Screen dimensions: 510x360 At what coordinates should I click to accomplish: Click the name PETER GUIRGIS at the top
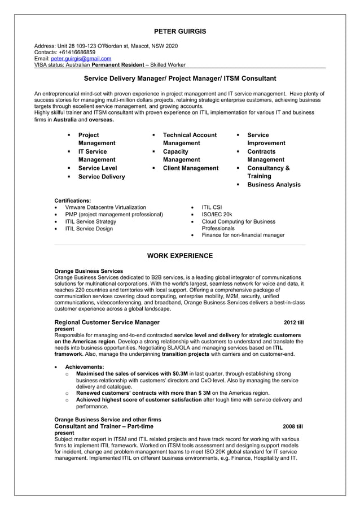180,31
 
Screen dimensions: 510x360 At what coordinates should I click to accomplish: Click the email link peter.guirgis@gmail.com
81,58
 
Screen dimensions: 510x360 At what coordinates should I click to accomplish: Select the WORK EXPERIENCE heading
180,256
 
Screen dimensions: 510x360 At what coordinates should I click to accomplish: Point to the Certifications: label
72,200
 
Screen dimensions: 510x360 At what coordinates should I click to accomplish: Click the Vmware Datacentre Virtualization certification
106,207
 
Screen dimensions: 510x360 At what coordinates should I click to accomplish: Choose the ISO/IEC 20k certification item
217,215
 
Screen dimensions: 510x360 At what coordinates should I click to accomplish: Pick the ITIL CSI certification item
212,207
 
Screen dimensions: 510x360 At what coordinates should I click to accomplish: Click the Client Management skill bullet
190,168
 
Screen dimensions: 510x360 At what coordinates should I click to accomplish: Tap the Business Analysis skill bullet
274,185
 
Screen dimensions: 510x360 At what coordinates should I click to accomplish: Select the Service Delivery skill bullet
102,177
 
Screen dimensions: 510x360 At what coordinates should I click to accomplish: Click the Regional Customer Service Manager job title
107,322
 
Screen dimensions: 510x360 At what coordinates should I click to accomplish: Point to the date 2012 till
293,322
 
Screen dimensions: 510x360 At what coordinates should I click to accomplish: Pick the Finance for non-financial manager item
243,235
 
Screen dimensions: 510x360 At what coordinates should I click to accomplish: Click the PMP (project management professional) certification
114,215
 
